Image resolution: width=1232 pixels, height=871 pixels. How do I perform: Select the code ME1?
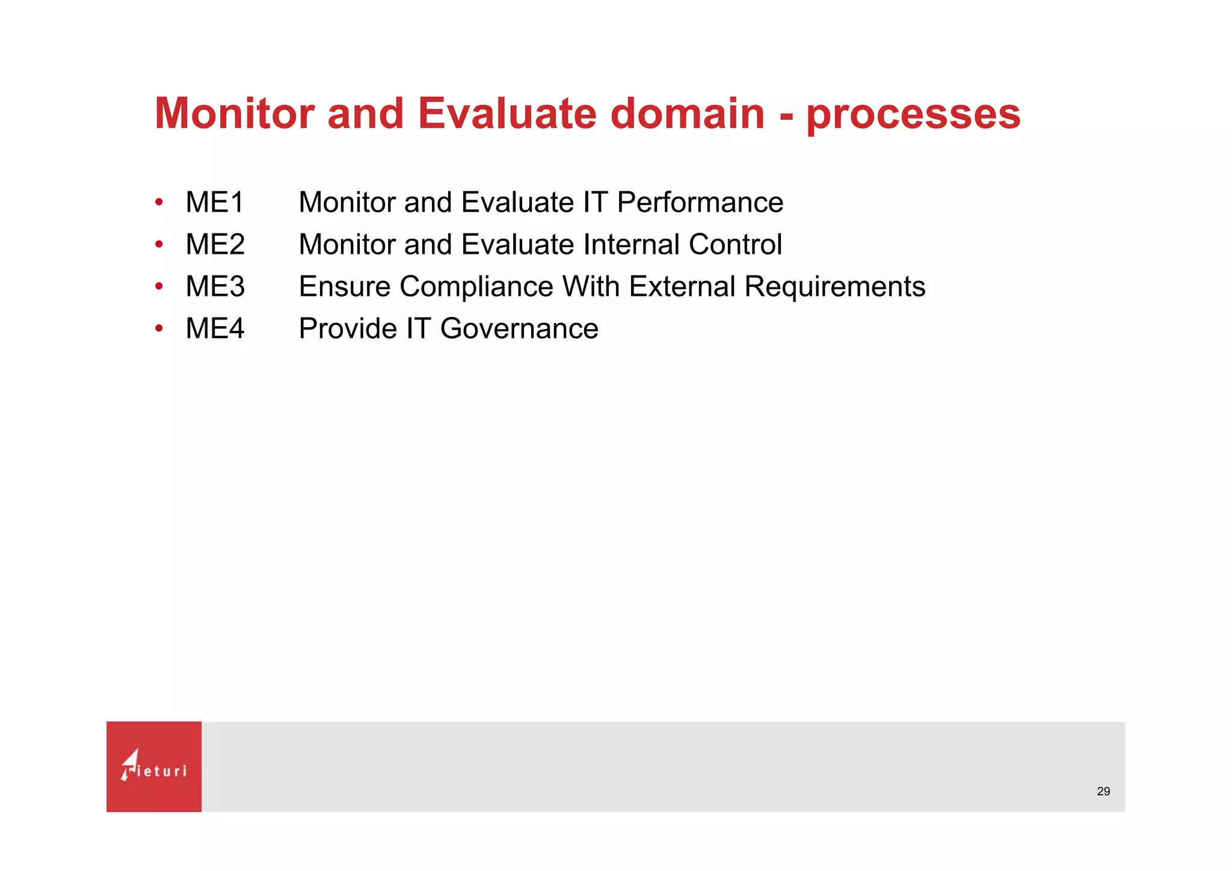click(215, 202)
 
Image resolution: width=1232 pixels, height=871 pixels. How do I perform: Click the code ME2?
click(215, 244)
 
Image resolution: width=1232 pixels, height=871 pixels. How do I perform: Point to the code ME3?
click(215, 286)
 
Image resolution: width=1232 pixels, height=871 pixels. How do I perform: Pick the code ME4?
click(215, 328)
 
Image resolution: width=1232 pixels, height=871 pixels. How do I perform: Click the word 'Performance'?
click(700, 202)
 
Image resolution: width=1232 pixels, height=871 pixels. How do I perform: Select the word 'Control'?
click(735, 244)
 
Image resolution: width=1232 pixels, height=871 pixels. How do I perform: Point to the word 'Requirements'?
click(834, 286)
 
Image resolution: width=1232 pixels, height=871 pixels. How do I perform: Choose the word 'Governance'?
click(519, 328)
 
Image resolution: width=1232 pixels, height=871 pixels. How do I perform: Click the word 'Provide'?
click(347, 328)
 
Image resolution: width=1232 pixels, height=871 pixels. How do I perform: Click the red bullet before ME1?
click(159, 202)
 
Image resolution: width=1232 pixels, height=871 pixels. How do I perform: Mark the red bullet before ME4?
click(159, 328)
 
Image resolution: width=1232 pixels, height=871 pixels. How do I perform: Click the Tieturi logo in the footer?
click(154, 766)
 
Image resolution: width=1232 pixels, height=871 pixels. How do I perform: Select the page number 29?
click(1103, 792)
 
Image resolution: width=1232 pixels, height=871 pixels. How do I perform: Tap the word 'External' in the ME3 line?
click(682, 286)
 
